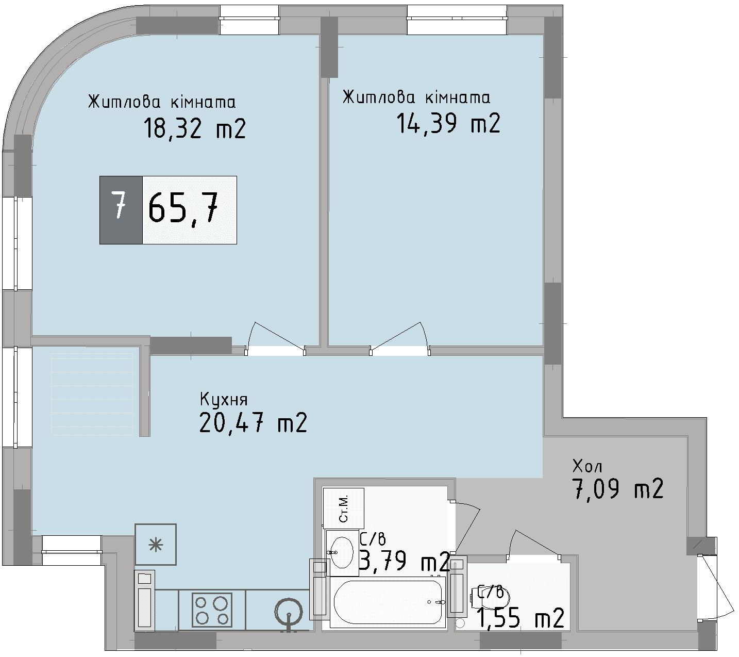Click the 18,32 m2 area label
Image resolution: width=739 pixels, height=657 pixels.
coord(194,128)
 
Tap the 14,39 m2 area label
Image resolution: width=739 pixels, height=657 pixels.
coord(448,124)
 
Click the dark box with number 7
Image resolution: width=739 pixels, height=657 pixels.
coord(121,209)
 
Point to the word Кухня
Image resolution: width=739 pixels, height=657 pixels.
coord(223,400)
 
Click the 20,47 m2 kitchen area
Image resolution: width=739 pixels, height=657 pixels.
coord(253,423)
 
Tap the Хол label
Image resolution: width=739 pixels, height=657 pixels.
coord(587,467)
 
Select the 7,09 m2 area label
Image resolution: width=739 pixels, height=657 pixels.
coord(617,489)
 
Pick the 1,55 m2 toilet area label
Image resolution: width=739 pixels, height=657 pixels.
coord(520,618)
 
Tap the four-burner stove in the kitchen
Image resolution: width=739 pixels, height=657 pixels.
coord(212,610)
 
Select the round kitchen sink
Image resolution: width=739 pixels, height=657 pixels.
coord(288,612)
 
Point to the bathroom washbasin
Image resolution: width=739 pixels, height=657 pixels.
coord(341,552)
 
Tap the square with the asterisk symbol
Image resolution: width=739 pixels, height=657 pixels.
coord(156,544)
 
